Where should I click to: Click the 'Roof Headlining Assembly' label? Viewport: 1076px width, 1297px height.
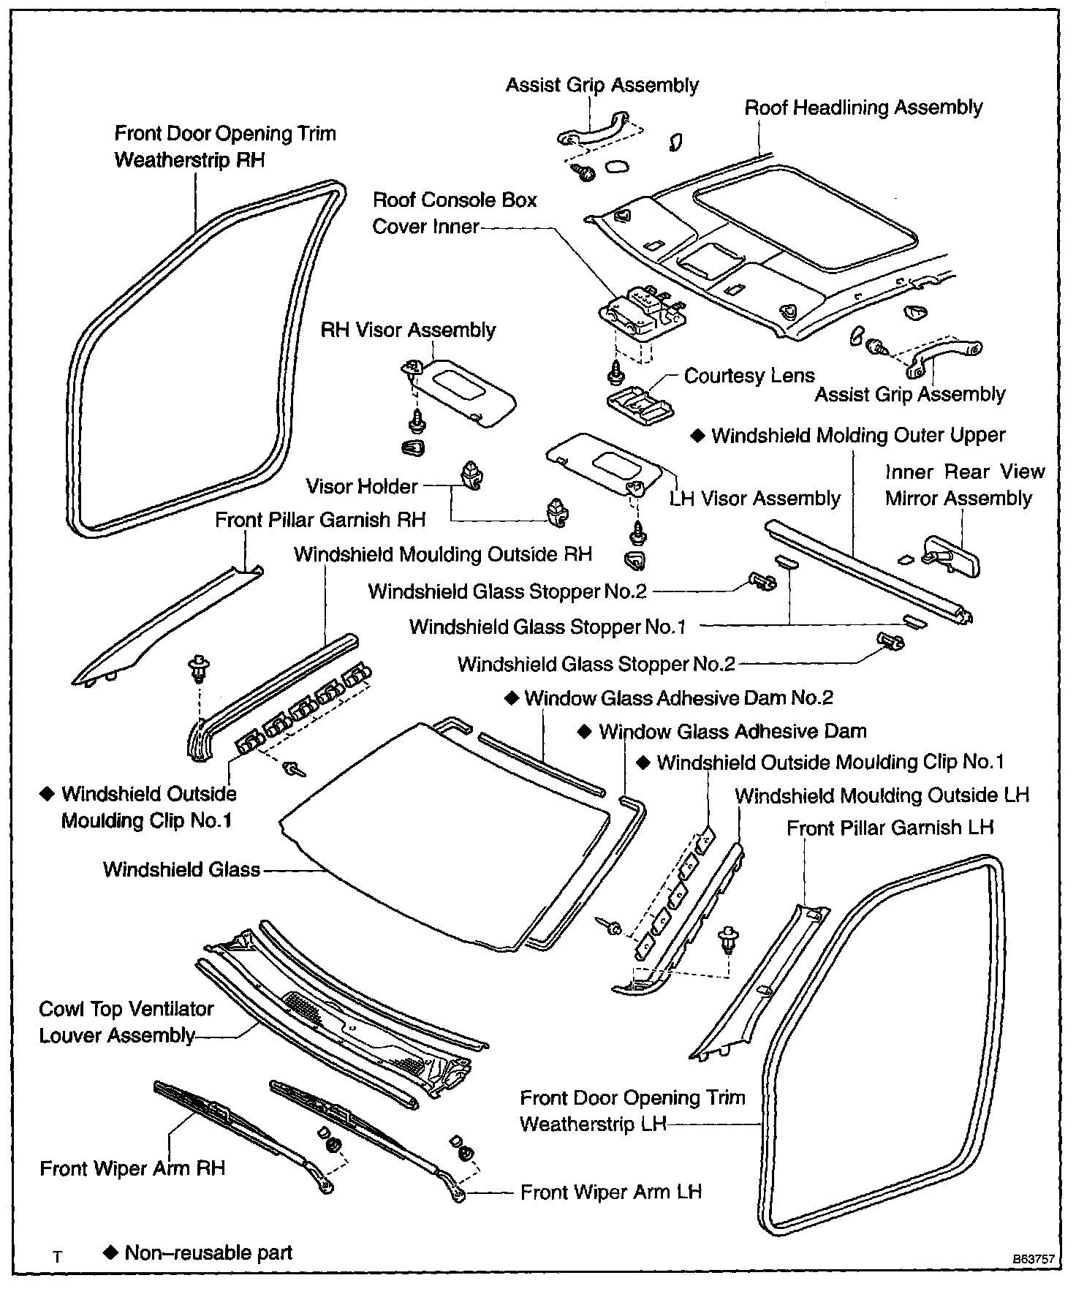[863, 108]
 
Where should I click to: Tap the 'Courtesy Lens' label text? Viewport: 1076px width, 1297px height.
[749, 376]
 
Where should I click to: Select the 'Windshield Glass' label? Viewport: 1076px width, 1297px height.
[181, 869]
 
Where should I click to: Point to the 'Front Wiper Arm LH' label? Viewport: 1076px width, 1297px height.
[610, 1192]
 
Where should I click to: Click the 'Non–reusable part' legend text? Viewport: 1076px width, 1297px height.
[208, 1252]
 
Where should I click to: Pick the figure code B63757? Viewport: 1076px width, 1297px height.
[1033, 1259]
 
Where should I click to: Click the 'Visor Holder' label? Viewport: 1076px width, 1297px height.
[362, 486]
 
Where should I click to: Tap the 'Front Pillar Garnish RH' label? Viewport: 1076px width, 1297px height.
[320, 520]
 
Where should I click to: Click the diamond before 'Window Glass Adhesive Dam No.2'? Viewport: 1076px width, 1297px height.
[512, 697]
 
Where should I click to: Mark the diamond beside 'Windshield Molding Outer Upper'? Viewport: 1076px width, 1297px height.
[698, 436]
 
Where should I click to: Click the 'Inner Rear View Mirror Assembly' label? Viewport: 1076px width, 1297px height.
[965, 485]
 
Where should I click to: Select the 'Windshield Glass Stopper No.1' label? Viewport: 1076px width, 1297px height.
[548, 627]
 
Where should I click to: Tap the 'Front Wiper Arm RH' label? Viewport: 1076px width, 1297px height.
[132, 1168]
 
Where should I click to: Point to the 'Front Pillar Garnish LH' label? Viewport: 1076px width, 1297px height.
[890, 828]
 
